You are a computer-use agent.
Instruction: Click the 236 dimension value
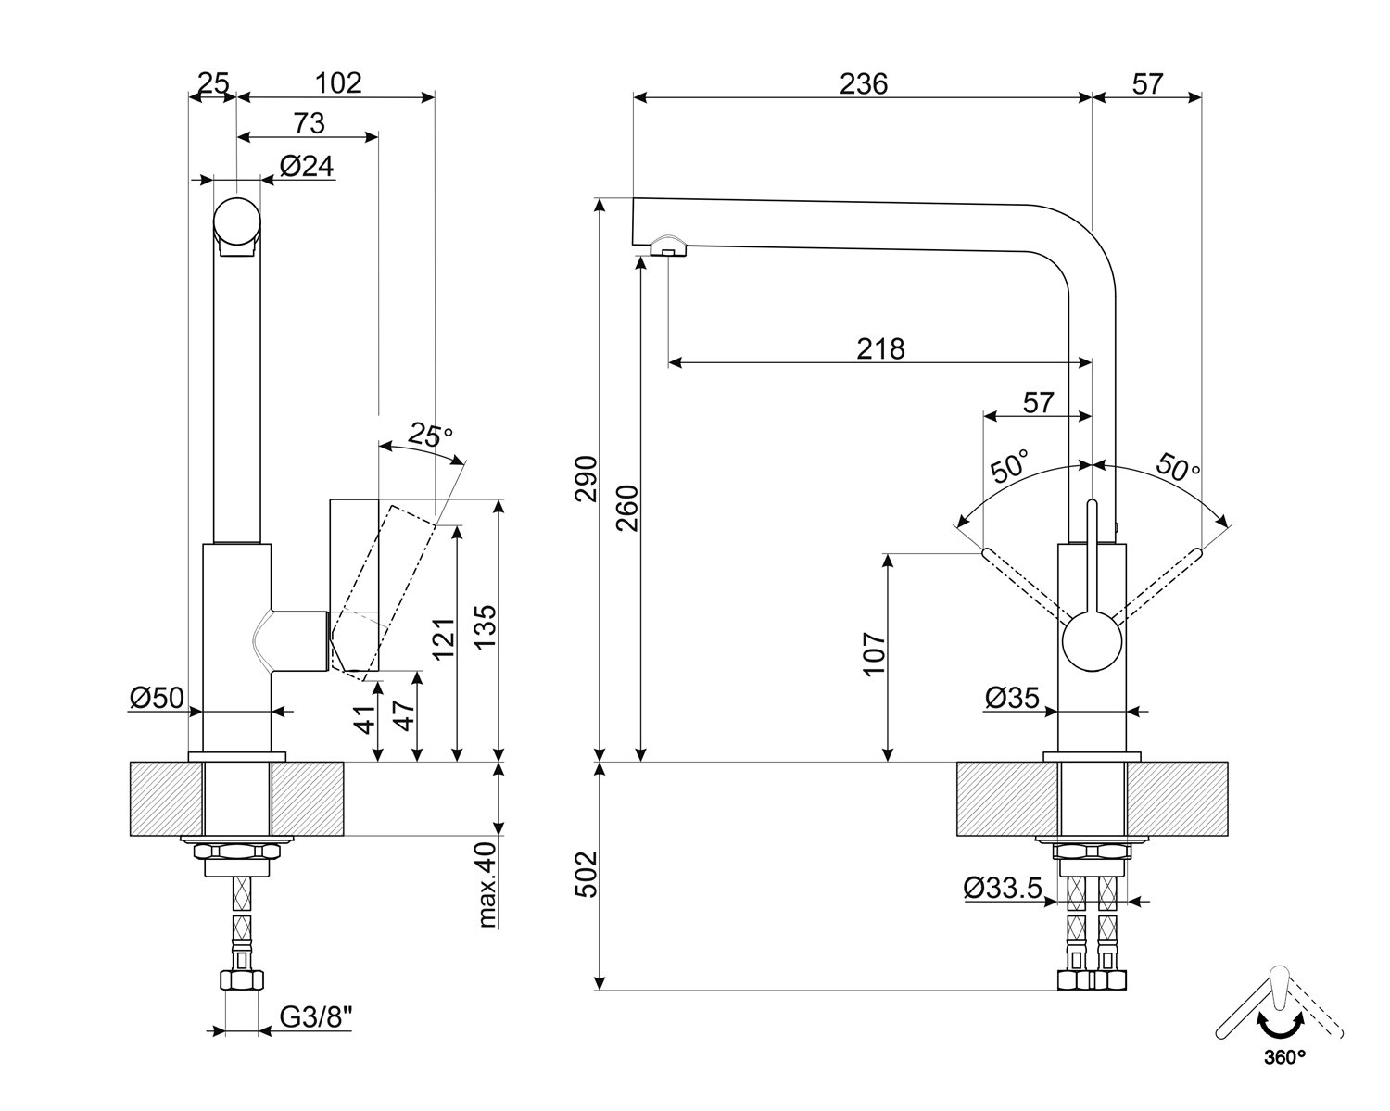(x=863, y=83)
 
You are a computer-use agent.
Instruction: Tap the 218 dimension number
(x=879, y=348)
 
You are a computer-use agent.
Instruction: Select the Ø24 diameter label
(x=306, y=166)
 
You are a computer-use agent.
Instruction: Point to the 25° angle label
(x=430, y=435)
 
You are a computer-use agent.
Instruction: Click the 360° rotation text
(x=1283, y=1055)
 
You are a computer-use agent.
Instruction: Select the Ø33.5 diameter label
(x=1003, y=889)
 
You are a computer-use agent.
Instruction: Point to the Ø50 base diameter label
(x=158, y=698)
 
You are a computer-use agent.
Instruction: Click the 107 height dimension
(x=875, y=654)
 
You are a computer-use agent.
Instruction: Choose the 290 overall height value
(x=587, y=479)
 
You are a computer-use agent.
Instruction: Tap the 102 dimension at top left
(x=337, y=82)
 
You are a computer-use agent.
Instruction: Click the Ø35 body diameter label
(x=1012, y=698)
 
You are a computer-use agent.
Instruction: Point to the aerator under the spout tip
(x=668, y=247)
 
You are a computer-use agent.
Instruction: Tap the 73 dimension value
(x=309, y=122)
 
